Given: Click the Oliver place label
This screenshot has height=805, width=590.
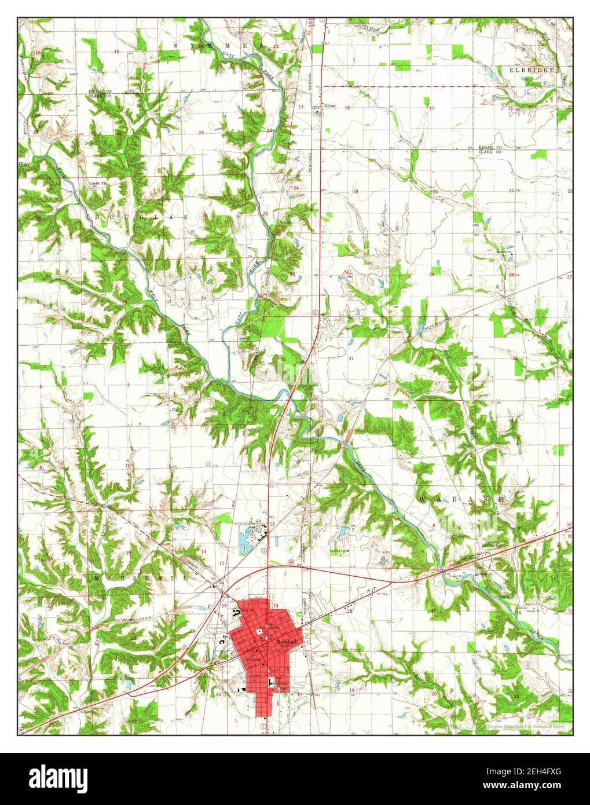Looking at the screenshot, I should pyautogui.click(x=330, y=106).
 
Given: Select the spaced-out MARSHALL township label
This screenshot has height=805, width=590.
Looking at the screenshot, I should pyautogui.click(x=141, y=577).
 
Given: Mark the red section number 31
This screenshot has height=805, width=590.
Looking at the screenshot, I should pyautogui.click(x=351, y=359).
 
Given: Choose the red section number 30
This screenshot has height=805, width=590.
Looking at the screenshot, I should pyautogui.click(x=346, y=272).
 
